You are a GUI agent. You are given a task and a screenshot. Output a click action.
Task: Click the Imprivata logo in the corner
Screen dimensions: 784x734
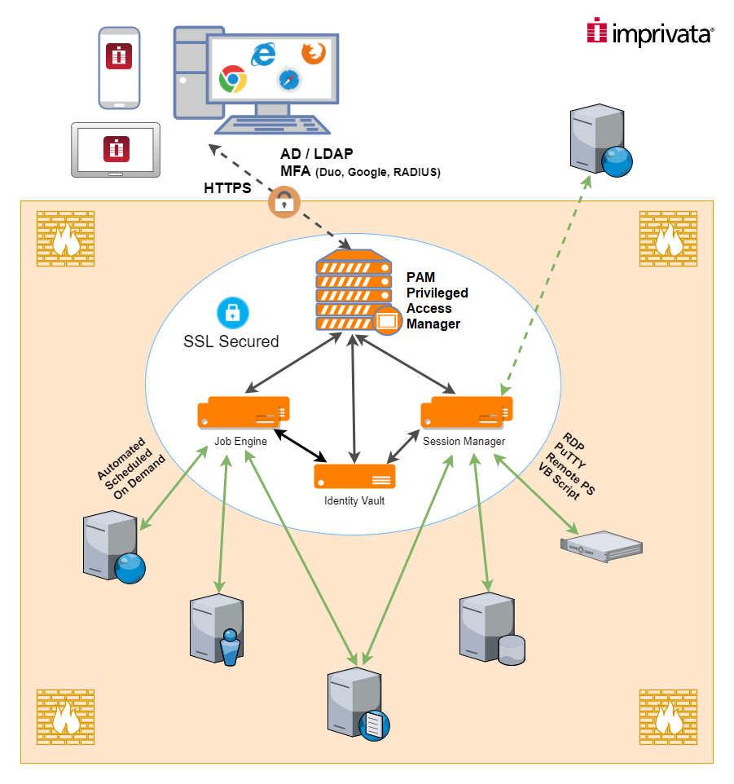point(650,33)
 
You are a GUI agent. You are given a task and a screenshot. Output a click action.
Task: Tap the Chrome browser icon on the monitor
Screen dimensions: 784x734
point(233,80)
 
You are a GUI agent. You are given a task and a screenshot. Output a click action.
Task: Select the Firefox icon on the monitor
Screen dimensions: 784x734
point(313,54)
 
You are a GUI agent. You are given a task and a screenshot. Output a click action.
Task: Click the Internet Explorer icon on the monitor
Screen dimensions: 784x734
point(263,54)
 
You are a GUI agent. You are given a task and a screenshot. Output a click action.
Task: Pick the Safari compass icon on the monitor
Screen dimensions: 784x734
point(289,80)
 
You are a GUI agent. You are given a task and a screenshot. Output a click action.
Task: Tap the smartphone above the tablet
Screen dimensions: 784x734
point(119,68)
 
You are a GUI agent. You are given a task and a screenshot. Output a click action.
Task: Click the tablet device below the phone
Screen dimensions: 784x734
point(116,149)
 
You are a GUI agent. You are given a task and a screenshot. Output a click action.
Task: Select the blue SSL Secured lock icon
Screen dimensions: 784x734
point(232,312)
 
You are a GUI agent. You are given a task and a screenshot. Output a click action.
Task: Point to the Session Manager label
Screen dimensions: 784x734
point(464,441)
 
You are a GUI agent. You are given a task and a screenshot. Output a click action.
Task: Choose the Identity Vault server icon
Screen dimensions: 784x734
point(354,474)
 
